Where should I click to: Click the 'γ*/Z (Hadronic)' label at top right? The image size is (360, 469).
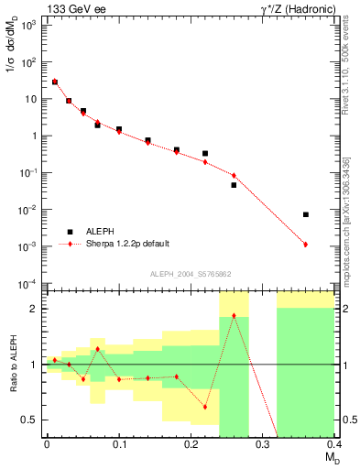pos(297,8)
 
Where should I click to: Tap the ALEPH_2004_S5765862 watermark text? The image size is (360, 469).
pos(191,274)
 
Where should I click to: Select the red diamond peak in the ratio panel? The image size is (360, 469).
pos(234,316)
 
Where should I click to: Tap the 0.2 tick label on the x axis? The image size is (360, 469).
pos(191,444)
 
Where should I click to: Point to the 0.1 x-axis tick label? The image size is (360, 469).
pos(119,444)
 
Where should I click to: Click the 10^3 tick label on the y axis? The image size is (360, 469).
pos(29,26)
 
